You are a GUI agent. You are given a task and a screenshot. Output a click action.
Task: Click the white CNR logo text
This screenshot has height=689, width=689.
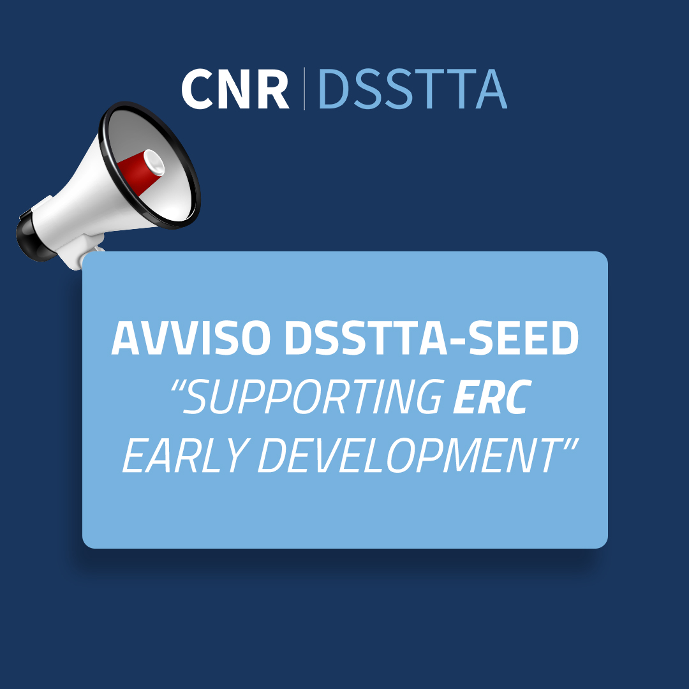[235, 89]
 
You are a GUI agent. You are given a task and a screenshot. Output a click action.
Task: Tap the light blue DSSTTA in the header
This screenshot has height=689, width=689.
[413, 89]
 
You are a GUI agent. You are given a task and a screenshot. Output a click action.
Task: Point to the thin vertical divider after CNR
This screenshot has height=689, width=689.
[304, 89]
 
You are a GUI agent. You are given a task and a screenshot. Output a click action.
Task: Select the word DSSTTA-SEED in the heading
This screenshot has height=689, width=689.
[432, 338]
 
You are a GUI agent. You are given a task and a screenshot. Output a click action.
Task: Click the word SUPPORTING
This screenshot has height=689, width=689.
[313, 397]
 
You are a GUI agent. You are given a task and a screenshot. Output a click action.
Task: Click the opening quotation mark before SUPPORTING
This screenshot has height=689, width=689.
[177, 386]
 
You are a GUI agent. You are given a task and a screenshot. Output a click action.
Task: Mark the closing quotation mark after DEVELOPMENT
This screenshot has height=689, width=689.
[569, 444]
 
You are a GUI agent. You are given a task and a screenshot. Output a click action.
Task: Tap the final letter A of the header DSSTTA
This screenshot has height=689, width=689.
[491, 89]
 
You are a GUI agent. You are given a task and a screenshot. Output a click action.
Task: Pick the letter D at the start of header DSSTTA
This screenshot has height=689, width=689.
[334, 89]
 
